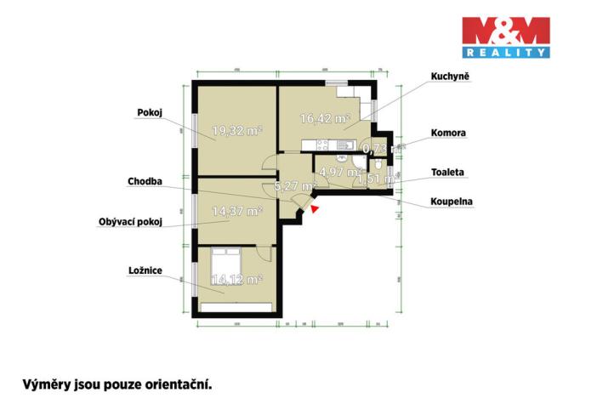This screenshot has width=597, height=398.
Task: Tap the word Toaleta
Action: (446, 172)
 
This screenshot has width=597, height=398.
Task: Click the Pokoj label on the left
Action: (150, 111)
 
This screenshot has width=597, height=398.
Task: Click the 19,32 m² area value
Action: (236, 131)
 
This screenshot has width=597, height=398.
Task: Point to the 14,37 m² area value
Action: (236, 212)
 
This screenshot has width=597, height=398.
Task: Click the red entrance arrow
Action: (316, 206)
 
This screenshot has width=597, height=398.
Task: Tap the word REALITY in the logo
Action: (504, 53)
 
